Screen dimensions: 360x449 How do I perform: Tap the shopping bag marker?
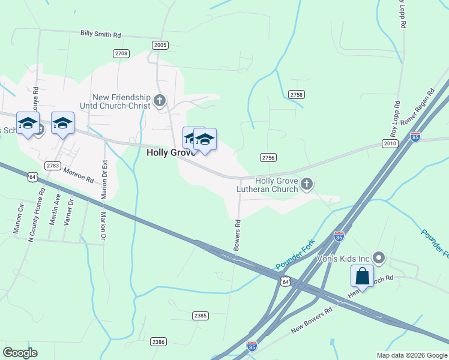(x=363, y=277)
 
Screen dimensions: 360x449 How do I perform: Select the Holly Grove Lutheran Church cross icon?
(x=307, y=184)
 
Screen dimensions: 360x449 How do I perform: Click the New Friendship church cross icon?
(x=160, y=100)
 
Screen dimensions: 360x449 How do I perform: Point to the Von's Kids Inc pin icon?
(x=379, y=259)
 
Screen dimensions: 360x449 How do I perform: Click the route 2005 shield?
(x=160, y=45)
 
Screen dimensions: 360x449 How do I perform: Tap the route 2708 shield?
(x=121, y=53)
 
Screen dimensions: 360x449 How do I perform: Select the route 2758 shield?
(x=297, y=95)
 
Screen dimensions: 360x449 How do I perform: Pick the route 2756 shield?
(x=268, y=157)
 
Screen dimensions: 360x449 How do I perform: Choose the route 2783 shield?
(x=53, y=165)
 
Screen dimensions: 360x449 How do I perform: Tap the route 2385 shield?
(x=200, y=316)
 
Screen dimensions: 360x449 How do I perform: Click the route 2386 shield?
(x=158, y=342)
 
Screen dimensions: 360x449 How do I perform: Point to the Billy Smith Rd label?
(x=100, y=34)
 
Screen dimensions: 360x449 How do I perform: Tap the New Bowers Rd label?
(x=312, y=321)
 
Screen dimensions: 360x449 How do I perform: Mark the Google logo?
(x=20, y=353)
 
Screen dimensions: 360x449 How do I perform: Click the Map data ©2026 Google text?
(x=411, y=355)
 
